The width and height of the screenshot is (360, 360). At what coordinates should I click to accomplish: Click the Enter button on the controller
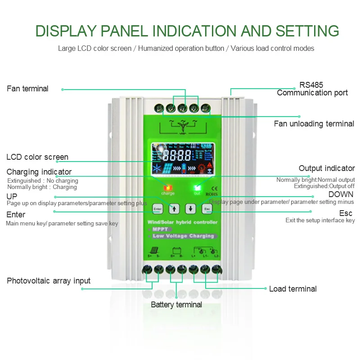point(157,209)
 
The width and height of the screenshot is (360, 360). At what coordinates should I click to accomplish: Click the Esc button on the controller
point(207,209)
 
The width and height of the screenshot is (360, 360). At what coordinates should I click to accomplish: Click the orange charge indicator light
point(168,188)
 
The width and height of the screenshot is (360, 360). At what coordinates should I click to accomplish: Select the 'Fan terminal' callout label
point(27,89)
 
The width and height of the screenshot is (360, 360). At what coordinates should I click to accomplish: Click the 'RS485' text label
point(311,85)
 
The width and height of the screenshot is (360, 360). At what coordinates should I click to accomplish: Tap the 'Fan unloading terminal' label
point(314,124)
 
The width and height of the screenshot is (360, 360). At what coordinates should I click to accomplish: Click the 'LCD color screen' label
point(37,157)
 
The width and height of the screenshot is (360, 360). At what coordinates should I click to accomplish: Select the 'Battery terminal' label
point(176,305)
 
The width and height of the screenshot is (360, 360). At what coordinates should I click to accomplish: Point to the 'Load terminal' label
point(293,289)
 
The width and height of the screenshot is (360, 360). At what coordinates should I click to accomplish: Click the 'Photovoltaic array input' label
point(49,281)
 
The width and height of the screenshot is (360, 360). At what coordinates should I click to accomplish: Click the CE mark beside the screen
point(214,189)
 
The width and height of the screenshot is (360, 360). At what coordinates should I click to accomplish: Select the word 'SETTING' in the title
point(307,31)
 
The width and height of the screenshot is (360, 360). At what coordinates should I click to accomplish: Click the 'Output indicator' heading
point(327,168)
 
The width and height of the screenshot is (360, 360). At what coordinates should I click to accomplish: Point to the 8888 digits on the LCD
point(177,157)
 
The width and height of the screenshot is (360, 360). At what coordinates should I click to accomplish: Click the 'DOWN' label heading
point(341,194)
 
